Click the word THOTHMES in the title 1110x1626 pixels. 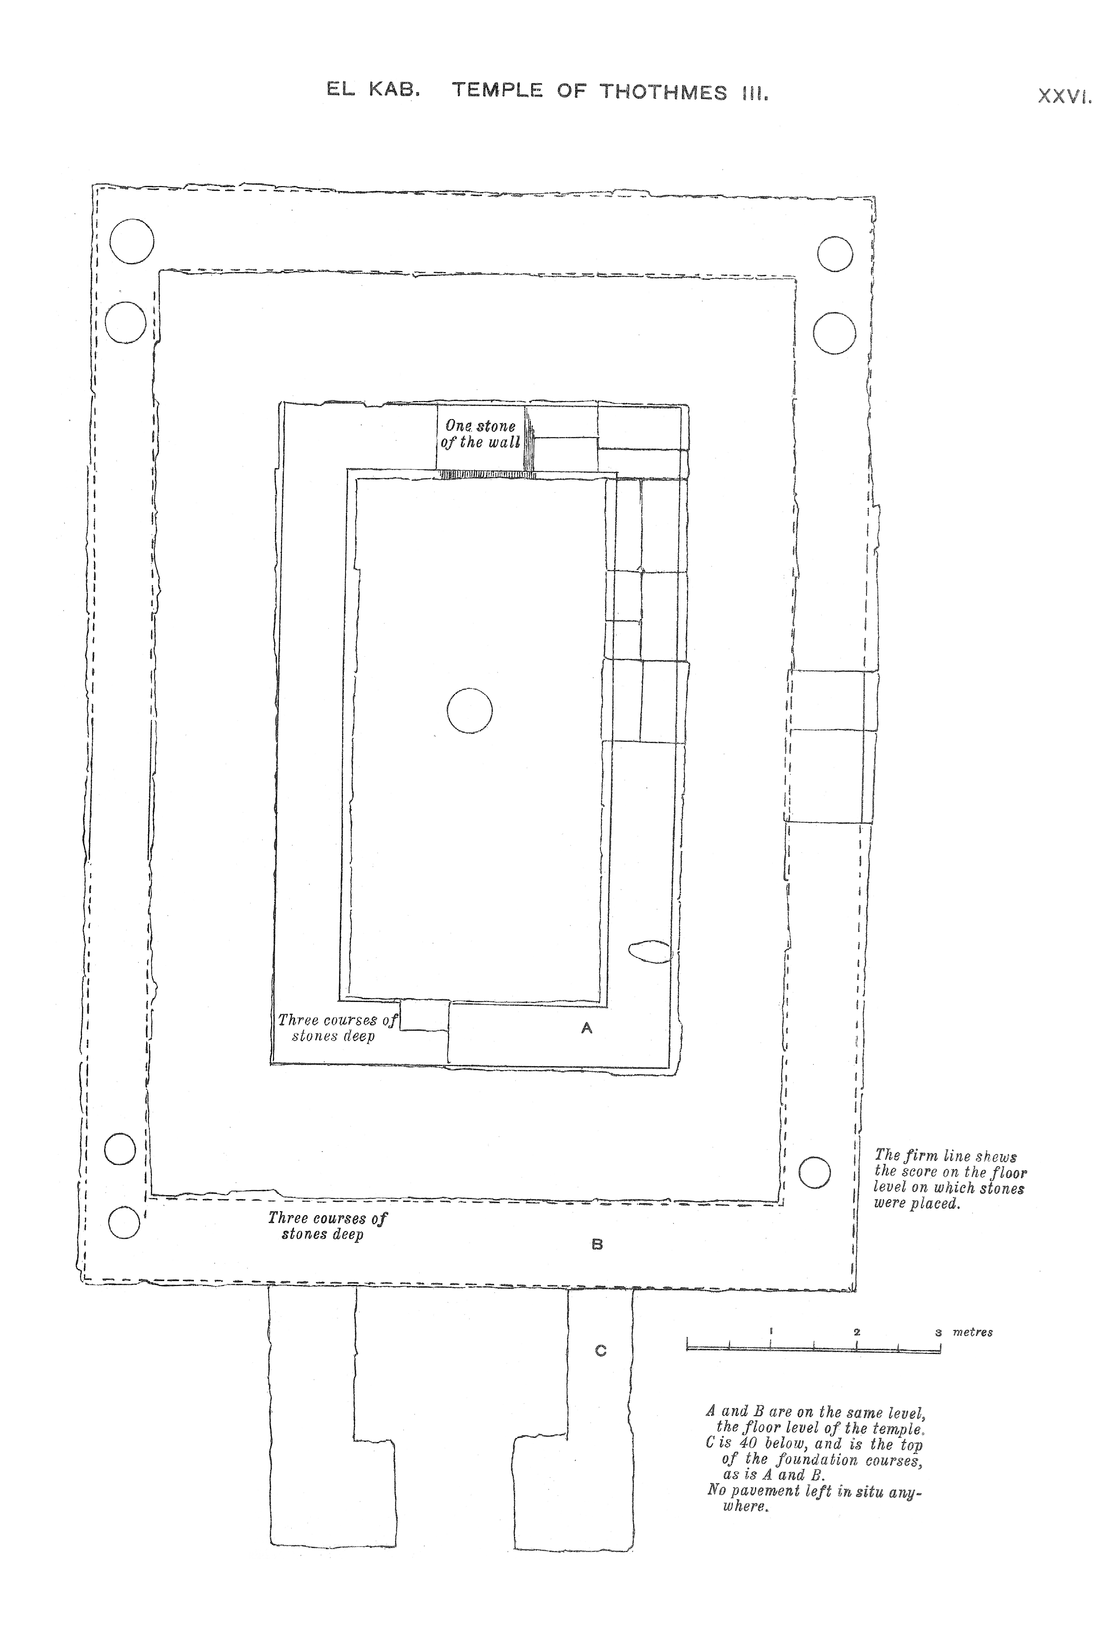click(x=663, y=92)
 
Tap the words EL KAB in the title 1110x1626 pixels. click(x=373, y=90)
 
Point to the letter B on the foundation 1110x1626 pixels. click(x=597, y=1244)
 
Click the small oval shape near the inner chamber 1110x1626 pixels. click(x=650, y=951)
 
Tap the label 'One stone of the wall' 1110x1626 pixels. click(x=481, y=434)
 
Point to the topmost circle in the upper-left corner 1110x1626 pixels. click(x=132, y=241)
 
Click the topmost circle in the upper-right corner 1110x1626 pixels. click(x=835, y=254)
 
